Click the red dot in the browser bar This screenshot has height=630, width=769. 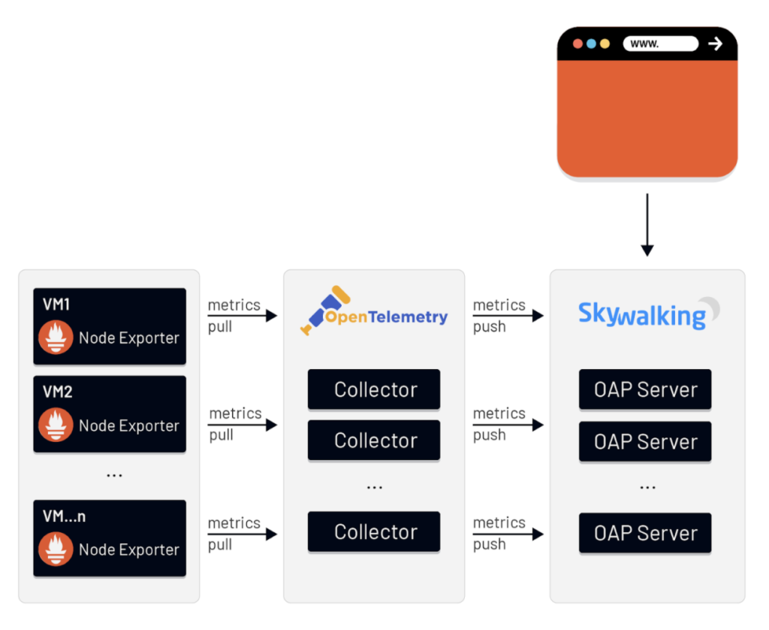pos(578,44)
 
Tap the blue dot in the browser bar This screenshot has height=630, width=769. pos(591,44)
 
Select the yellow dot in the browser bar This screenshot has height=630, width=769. pos(605,44)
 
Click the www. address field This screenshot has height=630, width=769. pos(660,44)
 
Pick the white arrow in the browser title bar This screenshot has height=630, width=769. pos(715,44)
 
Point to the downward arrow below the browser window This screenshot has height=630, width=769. pos(647,225)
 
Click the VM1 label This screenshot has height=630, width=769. pos(56,304)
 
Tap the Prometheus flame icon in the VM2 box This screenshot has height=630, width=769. pos(56,425)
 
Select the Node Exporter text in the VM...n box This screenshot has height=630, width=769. pos(129,550)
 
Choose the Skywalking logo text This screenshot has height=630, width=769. pos(641,315)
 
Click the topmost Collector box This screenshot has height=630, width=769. pos(374,389)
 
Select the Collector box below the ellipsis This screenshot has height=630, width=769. pos(374,532)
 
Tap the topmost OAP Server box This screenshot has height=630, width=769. pos(645,389)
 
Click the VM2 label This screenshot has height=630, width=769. pos(56,392)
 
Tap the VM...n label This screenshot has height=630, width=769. pos(64,516)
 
